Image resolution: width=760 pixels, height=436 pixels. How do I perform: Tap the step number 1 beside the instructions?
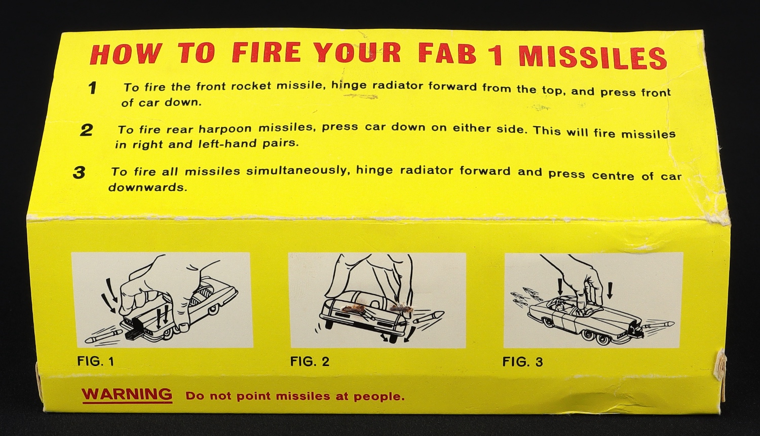pos(92,88)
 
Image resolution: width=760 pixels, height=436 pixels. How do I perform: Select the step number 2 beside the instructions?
pos(86,130)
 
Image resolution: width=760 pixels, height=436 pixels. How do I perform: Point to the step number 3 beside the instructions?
pos(79,173)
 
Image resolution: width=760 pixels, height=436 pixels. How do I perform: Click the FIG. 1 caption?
pos(96,361)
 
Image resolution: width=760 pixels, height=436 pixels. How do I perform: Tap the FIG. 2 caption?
pos(310,361)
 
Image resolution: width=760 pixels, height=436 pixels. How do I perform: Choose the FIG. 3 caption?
pos(522,362)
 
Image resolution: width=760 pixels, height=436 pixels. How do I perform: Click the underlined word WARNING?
pos(127,394)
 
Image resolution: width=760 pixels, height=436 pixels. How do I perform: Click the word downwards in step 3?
pos(147,187)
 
